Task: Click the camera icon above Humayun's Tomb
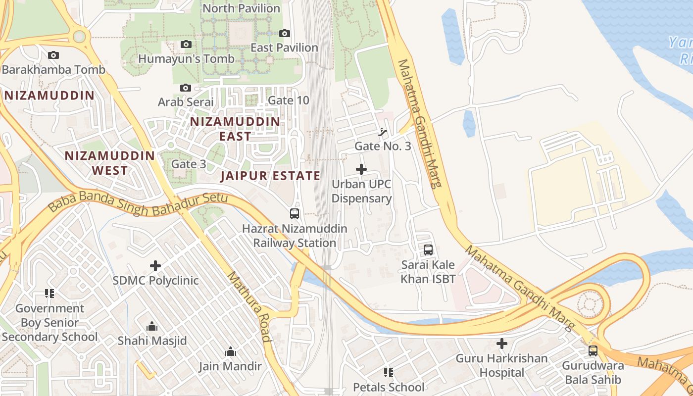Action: click(x=186, y=45)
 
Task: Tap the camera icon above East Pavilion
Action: click(x=285, y=34)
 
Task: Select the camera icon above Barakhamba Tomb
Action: click(x=53, y=55)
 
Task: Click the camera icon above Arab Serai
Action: click(x=186, y=88)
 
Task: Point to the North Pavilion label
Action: click(x=242, y=8)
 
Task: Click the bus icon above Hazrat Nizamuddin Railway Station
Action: click(x=295, y=214)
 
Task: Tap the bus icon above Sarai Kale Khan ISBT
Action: click(x=428, y=250)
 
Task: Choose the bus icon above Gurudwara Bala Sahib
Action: click(x=593, y=351)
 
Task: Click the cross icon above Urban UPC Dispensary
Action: click(x=361, y=169)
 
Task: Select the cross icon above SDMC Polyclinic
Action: click(x=155, y=266)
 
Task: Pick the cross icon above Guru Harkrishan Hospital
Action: click(x=502, y=343)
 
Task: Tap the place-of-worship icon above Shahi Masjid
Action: click(x=152, y=327)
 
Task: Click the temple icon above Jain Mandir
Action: click(x=230, y=352)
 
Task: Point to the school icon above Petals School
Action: click(x=388, y=372)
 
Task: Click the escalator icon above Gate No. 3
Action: click(x=383, y=132)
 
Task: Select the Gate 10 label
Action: click(x=288, y=100)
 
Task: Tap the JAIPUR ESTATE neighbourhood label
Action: click(x=270, y=176)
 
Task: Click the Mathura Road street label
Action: click(x=249, y=307)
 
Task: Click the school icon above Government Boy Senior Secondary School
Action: click(x=49, y=294)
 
